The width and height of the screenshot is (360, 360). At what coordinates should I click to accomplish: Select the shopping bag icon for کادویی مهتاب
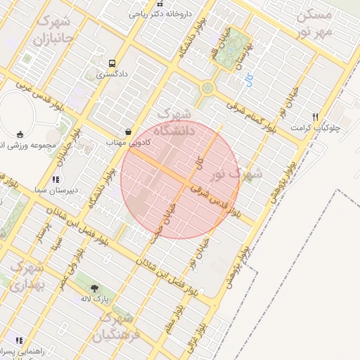point(128,131)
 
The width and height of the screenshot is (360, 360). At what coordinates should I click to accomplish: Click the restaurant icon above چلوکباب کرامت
point(316,117)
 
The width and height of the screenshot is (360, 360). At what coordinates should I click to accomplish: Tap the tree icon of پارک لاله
point(95,288)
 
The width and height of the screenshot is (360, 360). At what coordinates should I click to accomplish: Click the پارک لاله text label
point(95,298)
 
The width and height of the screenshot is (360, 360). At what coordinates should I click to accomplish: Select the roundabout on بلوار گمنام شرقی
point(207,88)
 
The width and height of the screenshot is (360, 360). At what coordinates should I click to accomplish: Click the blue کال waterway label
point(249,81)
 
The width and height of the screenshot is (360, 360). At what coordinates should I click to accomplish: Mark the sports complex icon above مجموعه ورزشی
point(20,134)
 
